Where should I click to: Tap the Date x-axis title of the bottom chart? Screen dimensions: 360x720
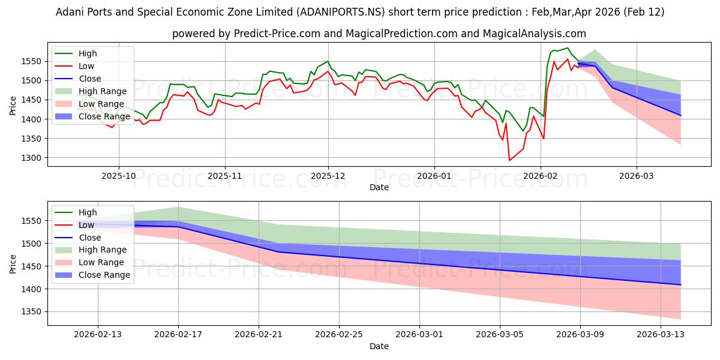[379, 346]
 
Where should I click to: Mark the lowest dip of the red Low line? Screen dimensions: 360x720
[510, 160]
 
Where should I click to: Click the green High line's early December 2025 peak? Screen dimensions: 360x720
[328, 61]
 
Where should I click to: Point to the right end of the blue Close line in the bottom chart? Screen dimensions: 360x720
[681, 284]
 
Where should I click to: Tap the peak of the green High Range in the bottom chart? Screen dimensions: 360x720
[178, 207]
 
